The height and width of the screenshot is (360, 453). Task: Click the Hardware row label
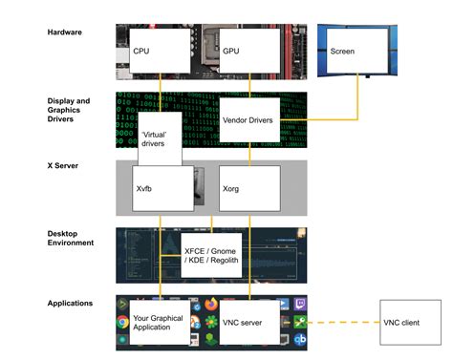(67, 32)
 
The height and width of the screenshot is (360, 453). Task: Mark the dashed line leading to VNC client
(344, 322)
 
